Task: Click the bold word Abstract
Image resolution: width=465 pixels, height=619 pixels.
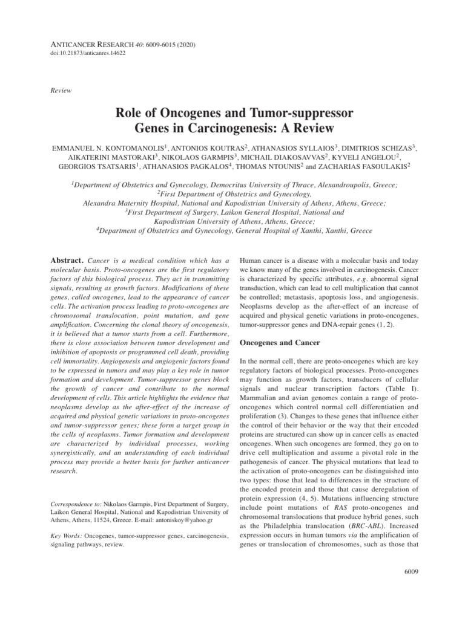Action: (67, 259)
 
